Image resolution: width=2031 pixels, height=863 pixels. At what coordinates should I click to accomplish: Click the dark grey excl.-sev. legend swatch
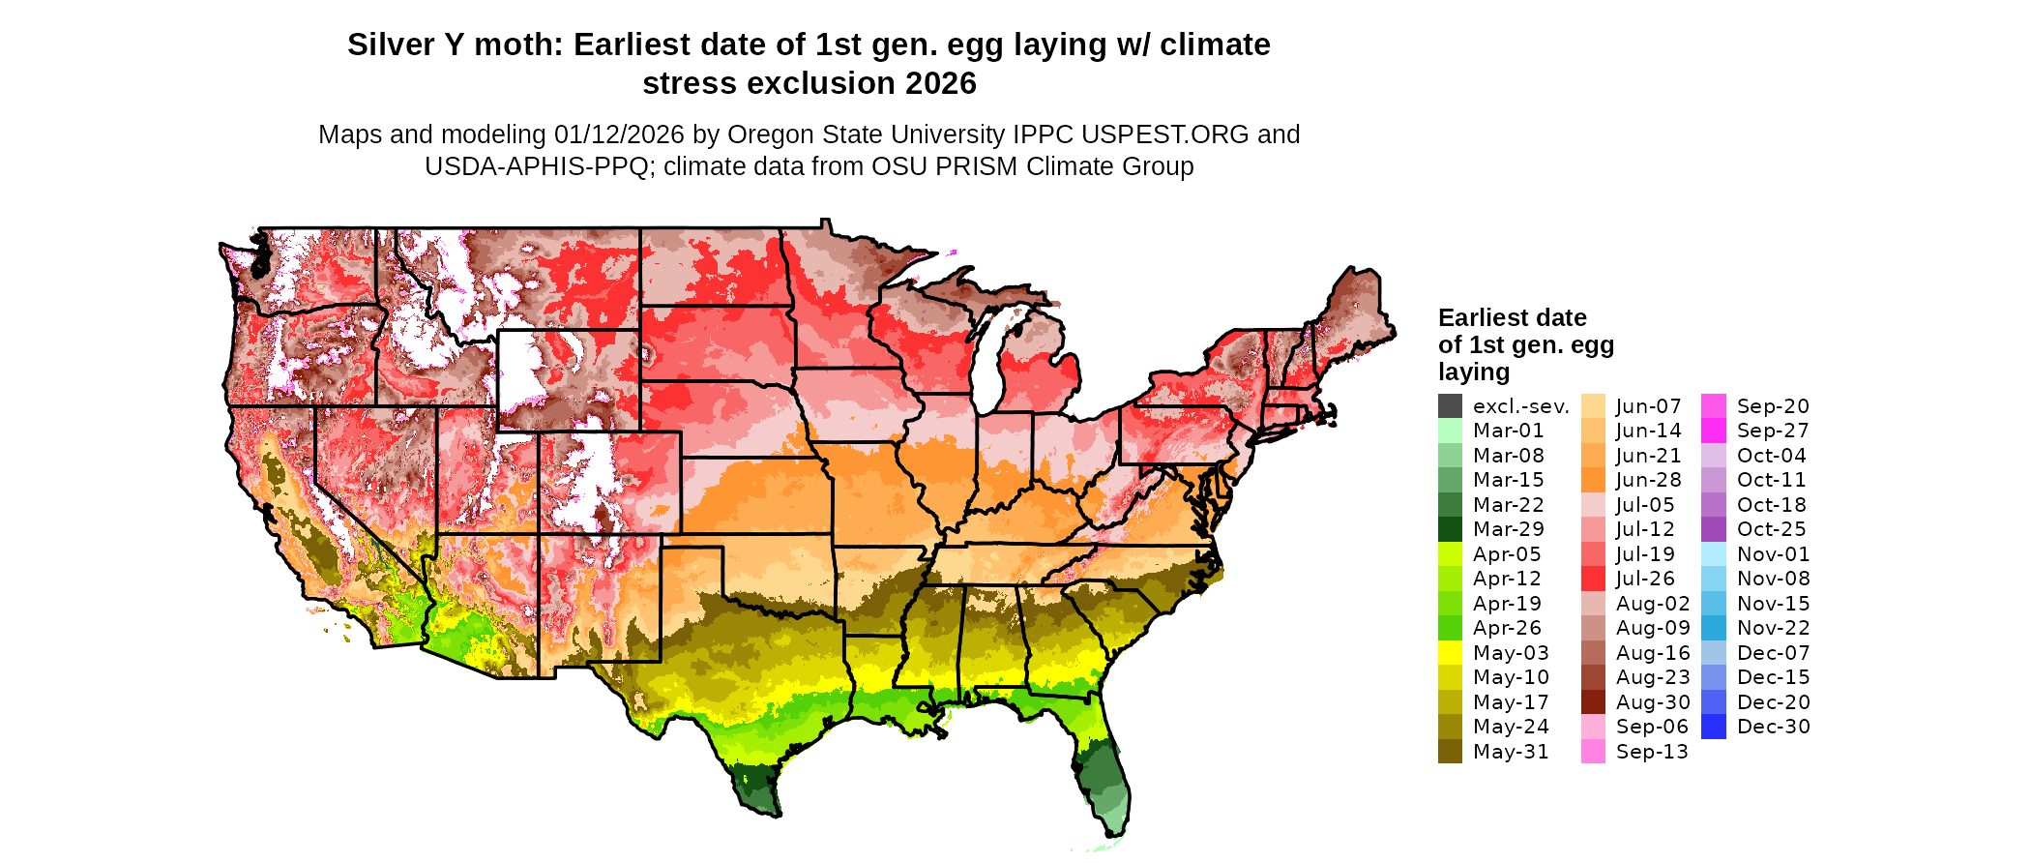point(1450,406)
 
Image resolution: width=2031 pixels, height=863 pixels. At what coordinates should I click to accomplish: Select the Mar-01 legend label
point(1508,431)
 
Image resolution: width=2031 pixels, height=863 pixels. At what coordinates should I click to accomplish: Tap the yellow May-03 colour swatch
point(1450,653)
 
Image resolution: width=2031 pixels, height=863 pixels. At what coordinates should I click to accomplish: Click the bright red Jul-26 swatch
point(1593,579)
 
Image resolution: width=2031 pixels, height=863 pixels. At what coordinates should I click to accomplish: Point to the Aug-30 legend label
point(1653,702)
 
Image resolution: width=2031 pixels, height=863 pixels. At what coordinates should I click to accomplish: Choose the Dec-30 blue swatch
point(1713,727)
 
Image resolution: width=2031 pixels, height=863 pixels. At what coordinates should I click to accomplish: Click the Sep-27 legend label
point(1772,431)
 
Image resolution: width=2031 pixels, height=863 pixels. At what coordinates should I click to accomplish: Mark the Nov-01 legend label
point(1773,554)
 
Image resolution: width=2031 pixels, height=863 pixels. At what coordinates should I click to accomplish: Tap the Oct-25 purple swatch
point(1713,529)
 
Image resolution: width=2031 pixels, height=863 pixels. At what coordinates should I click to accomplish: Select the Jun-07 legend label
point(1648,406)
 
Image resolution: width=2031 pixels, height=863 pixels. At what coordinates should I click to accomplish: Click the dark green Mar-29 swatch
point(1450,529)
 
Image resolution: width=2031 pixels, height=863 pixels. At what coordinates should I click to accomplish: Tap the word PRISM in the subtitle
point(973,166)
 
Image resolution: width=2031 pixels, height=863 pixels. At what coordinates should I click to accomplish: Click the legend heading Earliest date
point(1512,318)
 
